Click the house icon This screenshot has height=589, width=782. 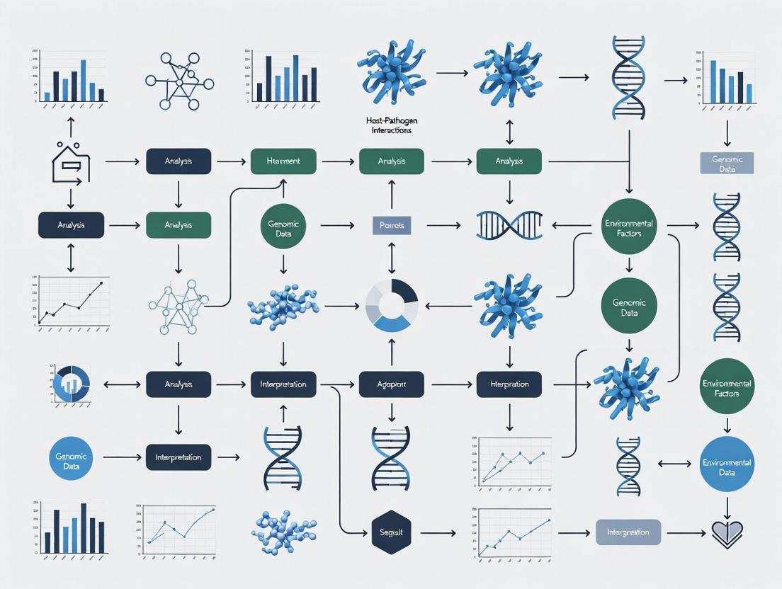coord(71,162)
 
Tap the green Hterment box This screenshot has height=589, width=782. coord(283,161)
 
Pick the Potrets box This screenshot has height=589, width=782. coord(391,226)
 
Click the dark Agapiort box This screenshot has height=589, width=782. coord(391,384)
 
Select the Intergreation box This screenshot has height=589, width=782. coord(628,532)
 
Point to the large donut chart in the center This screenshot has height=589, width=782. coord(391,306)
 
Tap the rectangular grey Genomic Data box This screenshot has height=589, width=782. coord(726,164)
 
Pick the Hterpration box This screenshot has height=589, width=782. coord(509,384)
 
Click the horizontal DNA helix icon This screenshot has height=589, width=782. coord(509,226)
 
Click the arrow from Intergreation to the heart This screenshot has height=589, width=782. coord(685,532)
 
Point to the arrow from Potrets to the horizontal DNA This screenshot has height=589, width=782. coord(443,226)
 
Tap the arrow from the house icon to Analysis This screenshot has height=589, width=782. coord(121,162)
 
